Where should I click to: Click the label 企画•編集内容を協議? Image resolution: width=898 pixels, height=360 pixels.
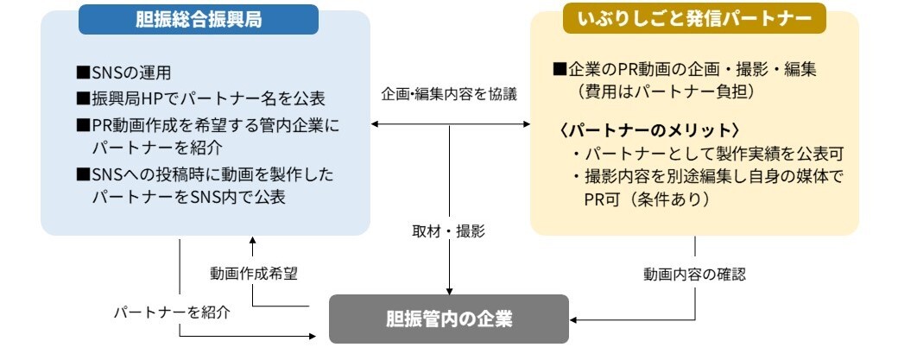(449, 94)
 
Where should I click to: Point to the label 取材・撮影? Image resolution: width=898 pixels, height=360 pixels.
(449, 231)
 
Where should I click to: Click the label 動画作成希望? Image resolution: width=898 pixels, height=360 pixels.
(253, 273)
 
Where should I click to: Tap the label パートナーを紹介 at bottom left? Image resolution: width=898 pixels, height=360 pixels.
(172, 312)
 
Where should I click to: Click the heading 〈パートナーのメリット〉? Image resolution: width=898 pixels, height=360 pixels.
(649, 129)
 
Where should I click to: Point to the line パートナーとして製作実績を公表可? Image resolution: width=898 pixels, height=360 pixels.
(706, 154)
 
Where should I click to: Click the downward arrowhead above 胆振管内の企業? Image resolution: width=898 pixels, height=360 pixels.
(449, 289)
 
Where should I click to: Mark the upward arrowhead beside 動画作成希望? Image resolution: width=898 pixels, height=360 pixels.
(252, 244)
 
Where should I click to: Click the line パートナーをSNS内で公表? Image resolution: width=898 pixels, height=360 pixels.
(189, 197)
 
